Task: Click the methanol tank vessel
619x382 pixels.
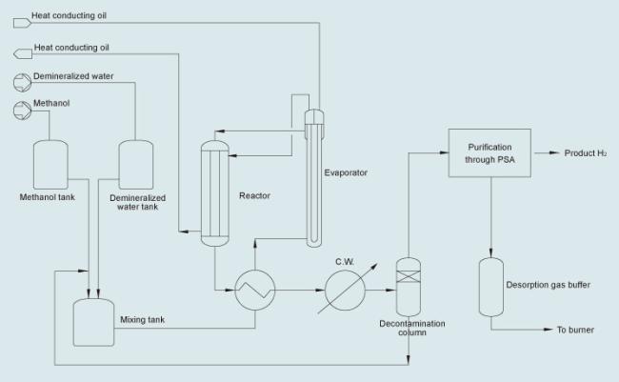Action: [50, 165]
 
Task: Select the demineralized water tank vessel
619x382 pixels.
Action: [136, 165]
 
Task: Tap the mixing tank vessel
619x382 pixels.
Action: [93, 322]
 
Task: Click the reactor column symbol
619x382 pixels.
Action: [215, 193]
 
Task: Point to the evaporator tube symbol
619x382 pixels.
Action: [314, 178]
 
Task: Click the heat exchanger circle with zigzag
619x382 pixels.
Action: [255, 290]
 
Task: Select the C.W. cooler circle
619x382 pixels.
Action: [345, 290]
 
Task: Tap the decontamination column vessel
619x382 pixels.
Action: [409, 287]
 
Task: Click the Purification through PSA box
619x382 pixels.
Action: [489, 152]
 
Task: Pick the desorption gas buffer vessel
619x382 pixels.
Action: [491, 287]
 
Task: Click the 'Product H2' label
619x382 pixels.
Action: [586, 153]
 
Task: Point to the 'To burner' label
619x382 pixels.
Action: [575, 330]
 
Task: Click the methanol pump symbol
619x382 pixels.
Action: [22, 111]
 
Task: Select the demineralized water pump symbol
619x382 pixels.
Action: [22, 83]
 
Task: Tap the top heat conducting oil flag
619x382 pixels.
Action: [22, 23]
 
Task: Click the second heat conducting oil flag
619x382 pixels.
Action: [23, 53]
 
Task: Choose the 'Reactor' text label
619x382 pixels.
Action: [254, 195]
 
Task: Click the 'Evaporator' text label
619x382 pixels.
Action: [346, 172]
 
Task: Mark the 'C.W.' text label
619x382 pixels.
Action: [345, 262]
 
